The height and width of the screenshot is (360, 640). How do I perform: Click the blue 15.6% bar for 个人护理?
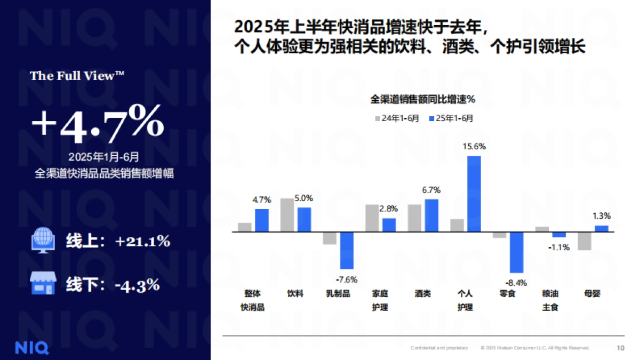tap(474, 194)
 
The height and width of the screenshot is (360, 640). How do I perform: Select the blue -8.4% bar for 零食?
tap(516, 252)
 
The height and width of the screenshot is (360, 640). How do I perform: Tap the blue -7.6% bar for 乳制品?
tap(347, 250)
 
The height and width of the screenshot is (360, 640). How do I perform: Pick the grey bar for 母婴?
tap(585, 241)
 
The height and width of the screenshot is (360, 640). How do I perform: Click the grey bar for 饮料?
tap(287, 215)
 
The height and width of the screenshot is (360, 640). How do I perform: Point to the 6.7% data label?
tap(431, 190)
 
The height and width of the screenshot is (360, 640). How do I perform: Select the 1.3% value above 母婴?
tap(602, 216)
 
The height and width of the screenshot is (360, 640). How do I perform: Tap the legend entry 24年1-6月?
tap(397, 118)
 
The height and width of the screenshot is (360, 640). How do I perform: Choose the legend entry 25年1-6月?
tap(451, 118)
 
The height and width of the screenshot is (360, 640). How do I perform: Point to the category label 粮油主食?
tap(550, 300)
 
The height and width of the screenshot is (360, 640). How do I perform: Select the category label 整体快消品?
tap(253, 300)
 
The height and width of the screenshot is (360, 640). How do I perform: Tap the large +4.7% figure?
tap(97, 124)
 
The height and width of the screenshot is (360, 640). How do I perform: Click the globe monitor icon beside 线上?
tap(43, 241)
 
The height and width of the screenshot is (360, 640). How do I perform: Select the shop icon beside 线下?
tap(43, 284)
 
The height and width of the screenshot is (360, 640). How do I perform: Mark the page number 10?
tap(620, 348)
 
